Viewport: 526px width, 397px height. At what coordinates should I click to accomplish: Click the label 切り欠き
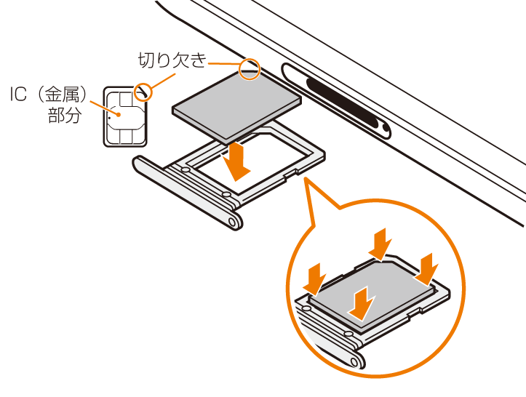click(172, 60)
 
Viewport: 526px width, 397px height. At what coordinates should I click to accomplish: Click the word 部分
click(65, 115)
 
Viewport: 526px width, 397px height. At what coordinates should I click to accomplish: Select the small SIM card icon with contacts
click(125, 116)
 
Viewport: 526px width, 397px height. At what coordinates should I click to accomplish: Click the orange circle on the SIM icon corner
click(143, 91)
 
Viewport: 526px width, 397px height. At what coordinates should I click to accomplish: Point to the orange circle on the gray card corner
click(250, 69)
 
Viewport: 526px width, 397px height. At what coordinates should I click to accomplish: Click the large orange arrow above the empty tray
click(237, 161)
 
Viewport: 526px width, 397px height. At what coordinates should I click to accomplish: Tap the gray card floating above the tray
click(236, 106)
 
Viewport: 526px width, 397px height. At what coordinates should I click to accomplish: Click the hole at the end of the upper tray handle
click(232, 222)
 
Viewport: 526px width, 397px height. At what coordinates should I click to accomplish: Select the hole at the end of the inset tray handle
click(354, 361)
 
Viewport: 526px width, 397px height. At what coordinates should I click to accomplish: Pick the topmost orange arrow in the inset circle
click(380, 244)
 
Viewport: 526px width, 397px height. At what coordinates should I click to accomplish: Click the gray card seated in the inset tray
click(372, 294)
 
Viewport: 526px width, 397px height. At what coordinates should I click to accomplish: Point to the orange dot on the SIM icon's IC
click(119, 115)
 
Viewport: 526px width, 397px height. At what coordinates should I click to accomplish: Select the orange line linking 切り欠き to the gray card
click(224, 63)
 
